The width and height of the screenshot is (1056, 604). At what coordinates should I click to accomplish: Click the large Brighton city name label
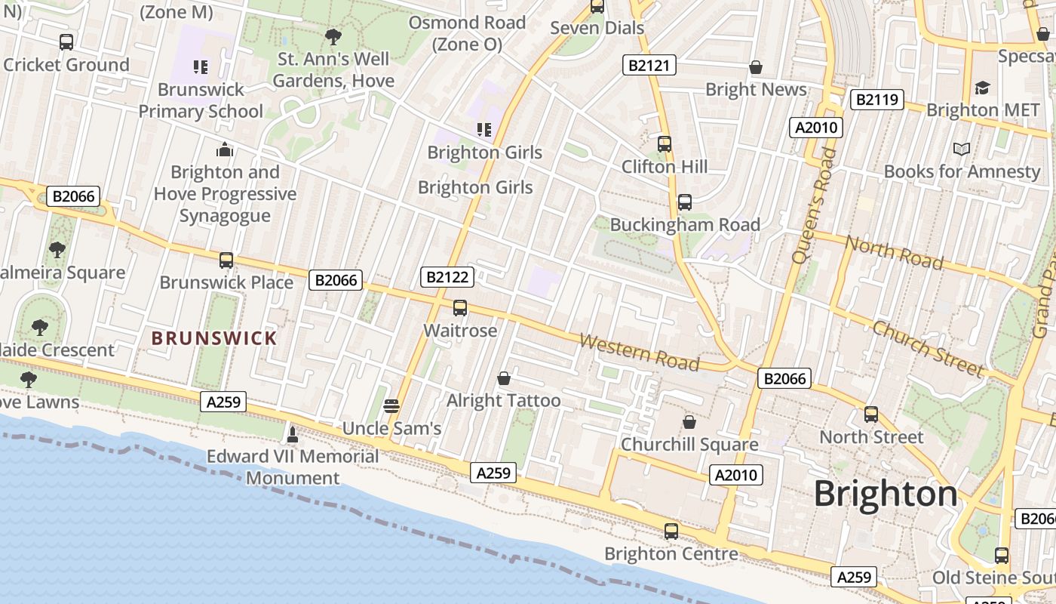[x=886, y=494]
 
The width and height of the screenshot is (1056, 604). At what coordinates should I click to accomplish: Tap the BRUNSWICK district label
[x=215, y=338]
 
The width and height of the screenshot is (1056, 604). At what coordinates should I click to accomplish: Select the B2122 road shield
[x=447, y=277]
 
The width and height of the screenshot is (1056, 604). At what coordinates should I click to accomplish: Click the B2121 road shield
[x=649, y=65]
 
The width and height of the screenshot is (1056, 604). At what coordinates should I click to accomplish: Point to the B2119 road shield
[x=876, y=99]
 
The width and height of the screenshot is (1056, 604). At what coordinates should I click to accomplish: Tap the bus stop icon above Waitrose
[x=460, y=308]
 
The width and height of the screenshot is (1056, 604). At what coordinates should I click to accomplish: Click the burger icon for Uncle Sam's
[x=391, y=406]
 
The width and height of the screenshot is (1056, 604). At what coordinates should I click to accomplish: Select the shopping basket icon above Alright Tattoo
[x=504, y=377]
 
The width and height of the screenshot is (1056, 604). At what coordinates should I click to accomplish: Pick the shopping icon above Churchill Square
[x=689, y=421]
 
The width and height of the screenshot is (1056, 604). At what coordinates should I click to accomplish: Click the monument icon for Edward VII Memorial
[x=293, y=434]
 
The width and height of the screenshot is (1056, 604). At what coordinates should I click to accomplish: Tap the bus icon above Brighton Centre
[x=671, y=531]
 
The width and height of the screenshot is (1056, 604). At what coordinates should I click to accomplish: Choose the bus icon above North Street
[x=871, y=414]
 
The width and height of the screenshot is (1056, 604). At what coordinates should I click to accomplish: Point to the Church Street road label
[x=928, y=348]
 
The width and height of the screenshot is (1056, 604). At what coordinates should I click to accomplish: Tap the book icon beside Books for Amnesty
[x=961, y=149]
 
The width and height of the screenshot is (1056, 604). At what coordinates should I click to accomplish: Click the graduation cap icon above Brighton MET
[x=982, y=88]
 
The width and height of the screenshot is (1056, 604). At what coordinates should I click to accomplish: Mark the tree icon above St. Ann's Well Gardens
[x=333, y=36]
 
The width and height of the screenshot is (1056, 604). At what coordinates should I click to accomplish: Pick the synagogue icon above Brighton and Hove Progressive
[x=224, y=149]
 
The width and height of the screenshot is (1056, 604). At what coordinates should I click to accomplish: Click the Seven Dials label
[x=597, y=28]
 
